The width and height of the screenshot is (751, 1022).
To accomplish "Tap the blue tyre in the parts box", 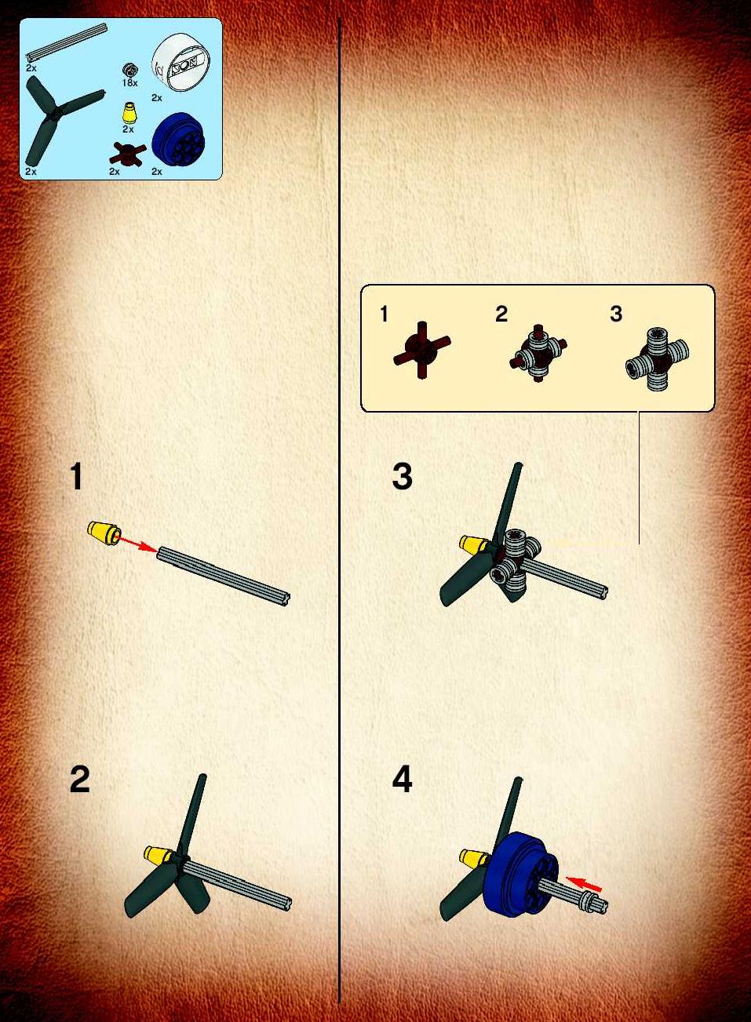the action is pyautogui.click(x=178, y=139).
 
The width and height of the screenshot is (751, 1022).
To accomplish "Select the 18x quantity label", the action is pyautogui.click(x=129, y=83).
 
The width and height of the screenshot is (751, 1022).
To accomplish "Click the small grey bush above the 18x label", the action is pyautogui.click(x=129, y=71).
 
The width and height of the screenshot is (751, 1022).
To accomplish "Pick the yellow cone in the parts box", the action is pyautogui.click(x=130, y=113).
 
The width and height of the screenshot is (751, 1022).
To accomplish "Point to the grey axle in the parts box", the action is pyautogui.click(x=67, y=42).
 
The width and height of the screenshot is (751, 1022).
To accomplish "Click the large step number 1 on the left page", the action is pyautogui.click(x=77, y=477).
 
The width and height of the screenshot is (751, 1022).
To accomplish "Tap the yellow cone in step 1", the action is pyautogui.click(x=104, y=532).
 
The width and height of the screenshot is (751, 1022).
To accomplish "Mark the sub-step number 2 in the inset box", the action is pyautogui.click(x=501, y=315).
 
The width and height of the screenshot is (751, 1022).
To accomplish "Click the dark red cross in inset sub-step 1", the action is pyautogui.click(x=422, y=351).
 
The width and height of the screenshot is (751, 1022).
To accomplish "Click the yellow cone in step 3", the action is pyautogui.click(x=475, y=543).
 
